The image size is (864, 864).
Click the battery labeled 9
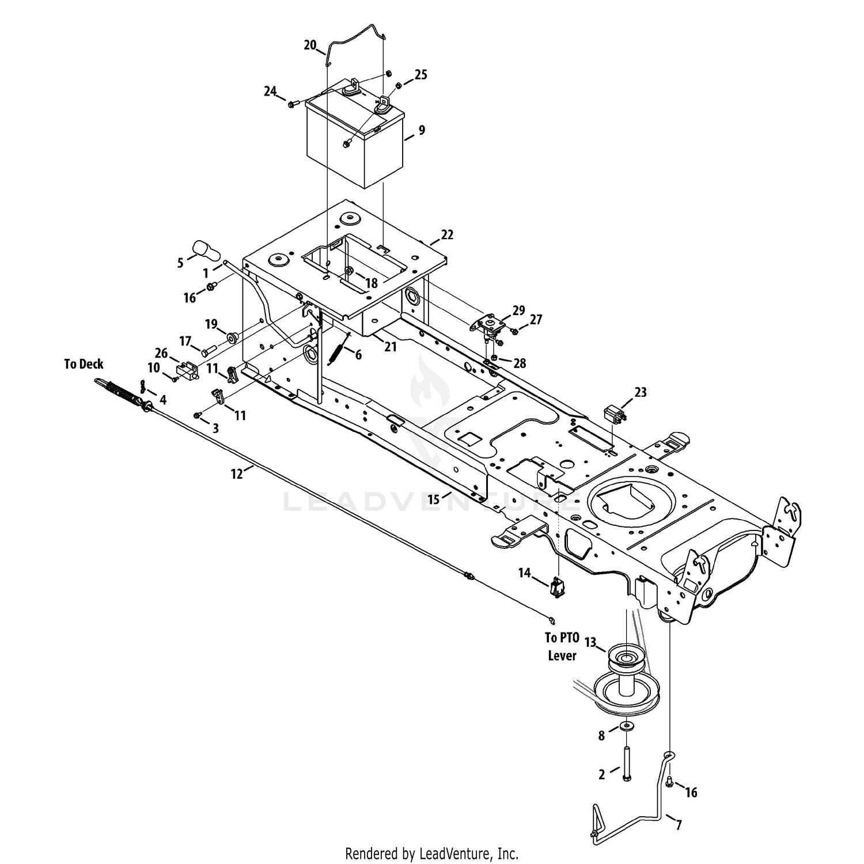[354, 138]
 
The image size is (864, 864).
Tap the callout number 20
[310, 45]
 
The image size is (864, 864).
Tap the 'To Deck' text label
[84, 364]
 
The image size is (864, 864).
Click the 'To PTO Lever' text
[561, 646]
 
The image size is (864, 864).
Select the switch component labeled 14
[556, 587]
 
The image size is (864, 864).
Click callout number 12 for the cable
[237, 474]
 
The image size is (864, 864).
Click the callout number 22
[447, 234]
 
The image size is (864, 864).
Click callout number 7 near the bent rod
[679, 825]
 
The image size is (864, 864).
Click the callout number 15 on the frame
[434, 499]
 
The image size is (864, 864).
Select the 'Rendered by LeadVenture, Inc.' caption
[432, 852]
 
